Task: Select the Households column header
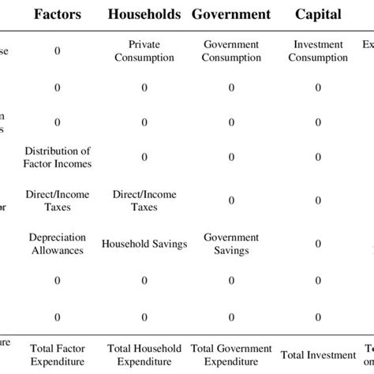pos(144,14)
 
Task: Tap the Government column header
pos(231,14)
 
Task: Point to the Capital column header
pos(318,14)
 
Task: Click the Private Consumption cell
pos(144,50)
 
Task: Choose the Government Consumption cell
pos(231,50)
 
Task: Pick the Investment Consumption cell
pos(318,50)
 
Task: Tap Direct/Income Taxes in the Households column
pos(144,200)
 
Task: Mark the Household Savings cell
pos(144,244)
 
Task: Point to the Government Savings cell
pos(231,243)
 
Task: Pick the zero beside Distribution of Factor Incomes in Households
pos(144,157)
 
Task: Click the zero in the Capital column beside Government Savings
pos(318,244)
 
